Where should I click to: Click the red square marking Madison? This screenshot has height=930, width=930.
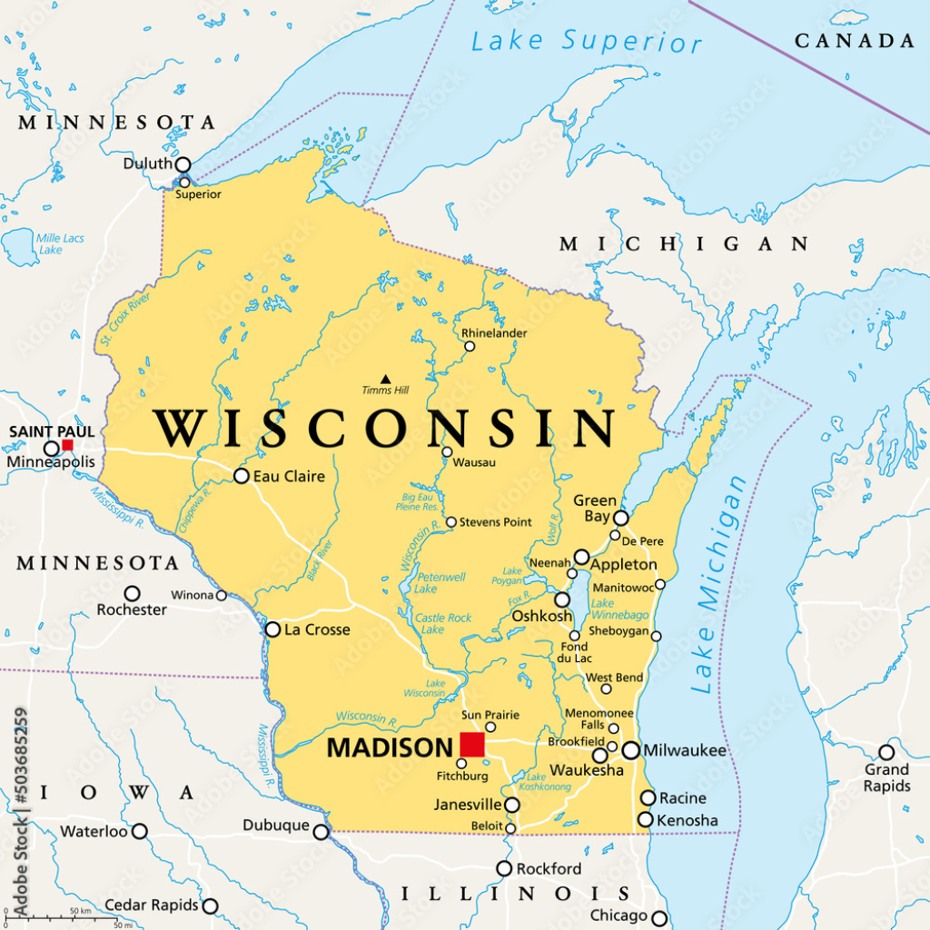point(472,745)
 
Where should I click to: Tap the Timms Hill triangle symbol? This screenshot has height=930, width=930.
point(385,379)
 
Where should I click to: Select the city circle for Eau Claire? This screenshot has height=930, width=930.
point(241,476)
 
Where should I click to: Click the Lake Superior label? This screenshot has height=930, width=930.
point(586,41)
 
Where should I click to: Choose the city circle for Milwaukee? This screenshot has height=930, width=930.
point(630,750)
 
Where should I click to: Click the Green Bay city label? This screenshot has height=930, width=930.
point(595,509)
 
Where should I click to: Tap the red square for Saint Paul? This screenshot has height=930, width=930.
point(67,445)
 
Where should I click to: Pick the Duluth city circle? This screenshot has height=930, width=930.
point(183,164)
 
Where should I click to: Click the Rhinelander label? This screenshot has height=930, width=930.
point(494,333)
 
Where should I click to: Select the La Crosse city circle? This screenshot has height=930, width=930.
point(272,629)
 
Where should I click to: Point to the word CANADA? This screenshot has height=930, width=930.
point(855,41)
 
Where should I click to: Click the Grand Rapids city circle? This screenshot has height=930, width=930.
point(886,752)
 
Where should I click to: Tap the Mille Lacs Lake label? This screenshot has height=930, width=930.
point(60,243)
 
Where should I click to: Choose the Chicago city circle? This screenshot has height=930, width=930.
point(659,916)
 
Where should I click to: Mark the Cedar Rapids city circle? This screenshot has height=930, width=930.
point(210,905)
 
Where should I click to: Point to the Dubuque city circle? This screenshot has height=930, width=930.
point(321,832)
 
